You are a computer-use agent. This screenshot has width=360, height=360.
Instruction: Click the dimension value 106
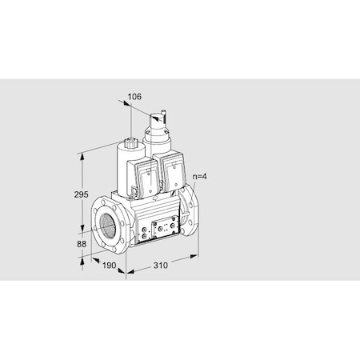tap(134, 97)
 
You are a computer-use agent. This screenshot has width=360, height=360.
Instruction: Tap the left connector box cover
tap(145, 178)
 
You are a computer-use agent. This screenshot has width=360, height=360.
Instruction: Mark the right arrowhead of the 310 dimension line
tap(194, 257)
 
